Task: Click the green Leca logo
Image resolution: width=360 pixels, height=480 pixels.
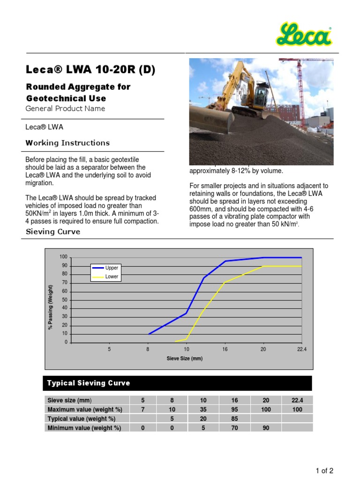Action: click(304, 36)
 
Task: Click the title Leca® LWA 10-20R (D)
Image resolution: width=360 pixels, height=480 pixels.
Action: click(90, 70)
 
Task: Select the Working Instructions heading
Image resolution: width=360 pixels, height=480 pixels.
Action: click(67, 143)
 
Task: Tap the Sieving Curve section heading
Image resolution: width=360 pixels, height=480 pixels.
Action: click(52, 232)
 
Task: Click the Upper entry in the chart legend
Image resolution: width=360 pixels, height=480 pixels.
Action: click(112, 268)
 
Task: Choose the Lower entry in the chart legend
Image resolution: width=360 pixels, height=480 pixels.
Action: click(112, 277)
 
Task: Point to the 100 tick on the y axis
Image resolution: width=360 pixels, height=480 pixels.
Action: click(63, 257)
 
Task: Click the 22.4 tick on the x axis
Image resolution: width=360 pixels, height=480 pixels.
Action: click(301, 350)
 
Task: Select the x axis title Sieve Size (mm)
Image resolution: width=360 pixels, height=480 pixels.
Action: click(185, 359)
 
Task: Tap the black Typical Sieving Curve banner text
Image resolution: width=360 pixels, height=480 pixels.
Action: click(89, 383)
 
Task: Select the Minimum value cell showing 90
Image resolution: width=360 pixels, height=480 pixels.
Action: click(266, 428)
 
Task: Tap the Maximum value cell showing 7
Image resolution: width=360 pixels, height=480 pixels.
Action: click(143, 409)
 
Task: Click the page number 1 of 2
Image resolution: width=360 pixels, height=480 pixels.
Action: click(324, 471)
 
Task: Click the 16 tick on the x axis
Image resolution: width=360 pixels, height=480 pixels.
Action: click(225, 350)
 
